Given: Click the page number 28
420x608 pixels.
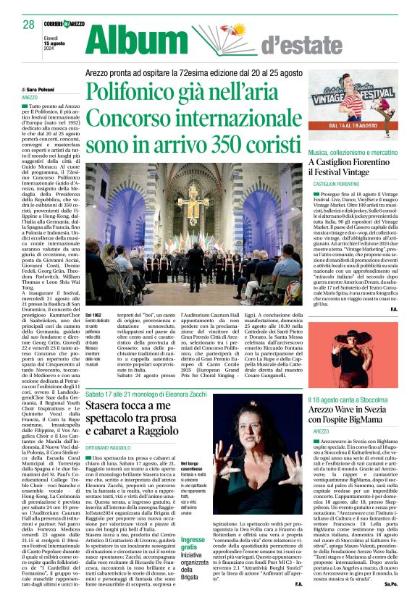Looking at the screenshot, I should point(29,24).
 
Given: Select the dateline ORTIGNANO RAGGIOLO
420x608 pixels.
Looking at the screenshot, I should point(114,428).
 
